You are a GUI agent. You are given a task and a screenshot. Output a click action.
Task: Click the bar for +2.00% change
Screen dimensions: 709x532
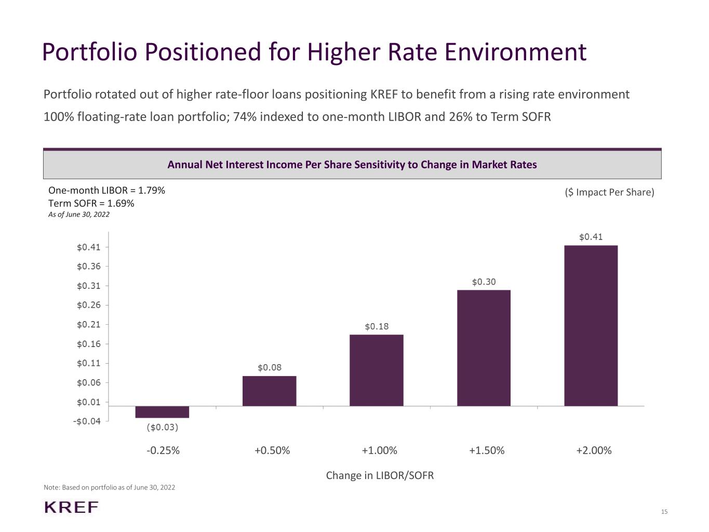(591, 326)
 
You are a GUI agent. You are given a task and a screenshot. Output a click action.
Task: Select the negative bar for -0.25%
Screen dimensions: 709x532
(162, 412)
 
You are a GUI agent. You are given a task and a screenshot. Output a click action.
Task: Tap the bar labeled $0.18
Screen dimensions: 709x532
(376, 370)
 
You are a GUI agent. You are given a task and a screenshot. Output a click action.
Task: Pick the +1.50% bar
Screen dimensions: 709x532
(484, 348)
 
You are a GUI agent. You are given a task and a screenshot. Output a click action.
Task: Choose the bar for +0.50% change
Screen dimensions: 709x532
(270, 391)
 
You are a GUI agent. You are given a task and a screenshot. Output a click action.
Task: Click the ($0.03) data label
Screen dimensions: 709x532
(162, 428)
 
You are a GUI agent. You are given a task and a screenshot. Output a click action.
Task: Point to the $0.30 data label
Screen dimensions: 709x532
(484, 282)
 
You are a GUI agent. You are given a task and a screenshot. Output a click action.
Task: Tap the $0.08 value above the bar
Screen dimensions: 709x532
(270, 368)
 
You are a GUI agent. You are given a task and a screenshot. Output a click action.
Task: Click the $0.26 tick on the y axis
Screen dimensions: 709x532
(88, 305)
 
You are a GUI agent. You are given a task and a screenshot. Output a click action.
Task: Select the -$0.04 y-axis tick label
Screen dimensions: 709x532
(87, 421)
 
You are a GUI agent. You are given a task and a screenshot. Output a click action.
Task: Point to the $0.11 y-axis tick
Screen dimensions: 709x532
(88, 363)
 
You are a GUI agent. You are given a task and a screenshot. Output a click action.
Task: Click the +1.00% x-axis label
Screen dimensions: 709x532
(379, 450)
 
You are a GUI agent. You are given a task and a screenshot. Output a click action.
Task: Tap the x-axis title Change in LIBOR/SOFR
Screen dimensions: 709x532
(380, 475)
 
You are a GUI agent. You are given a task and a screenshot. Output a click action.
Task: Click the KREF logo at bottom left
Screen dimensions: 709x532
(71, 508)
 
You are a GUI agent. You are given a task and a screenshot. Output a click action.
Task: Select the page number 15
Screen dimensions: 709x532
(664, 512)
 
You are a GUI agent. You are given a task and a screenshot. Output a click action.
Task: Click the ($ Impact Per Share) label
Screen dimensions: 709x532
(609, 192)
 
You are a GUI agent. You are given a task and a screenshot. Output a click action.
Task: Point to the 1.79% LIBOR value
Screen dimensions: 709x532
(152, 191)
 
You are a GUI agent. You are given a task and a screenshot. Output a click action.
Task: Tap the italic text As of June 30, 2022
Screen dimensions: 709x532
(79, 215)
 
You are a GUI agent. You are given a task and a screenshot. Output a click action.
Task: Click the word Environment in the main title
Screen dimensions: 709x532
(515, 52)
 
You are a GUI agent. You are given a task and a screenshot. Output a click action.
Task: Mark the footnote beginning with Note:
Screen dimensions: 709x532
(109, 487)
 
